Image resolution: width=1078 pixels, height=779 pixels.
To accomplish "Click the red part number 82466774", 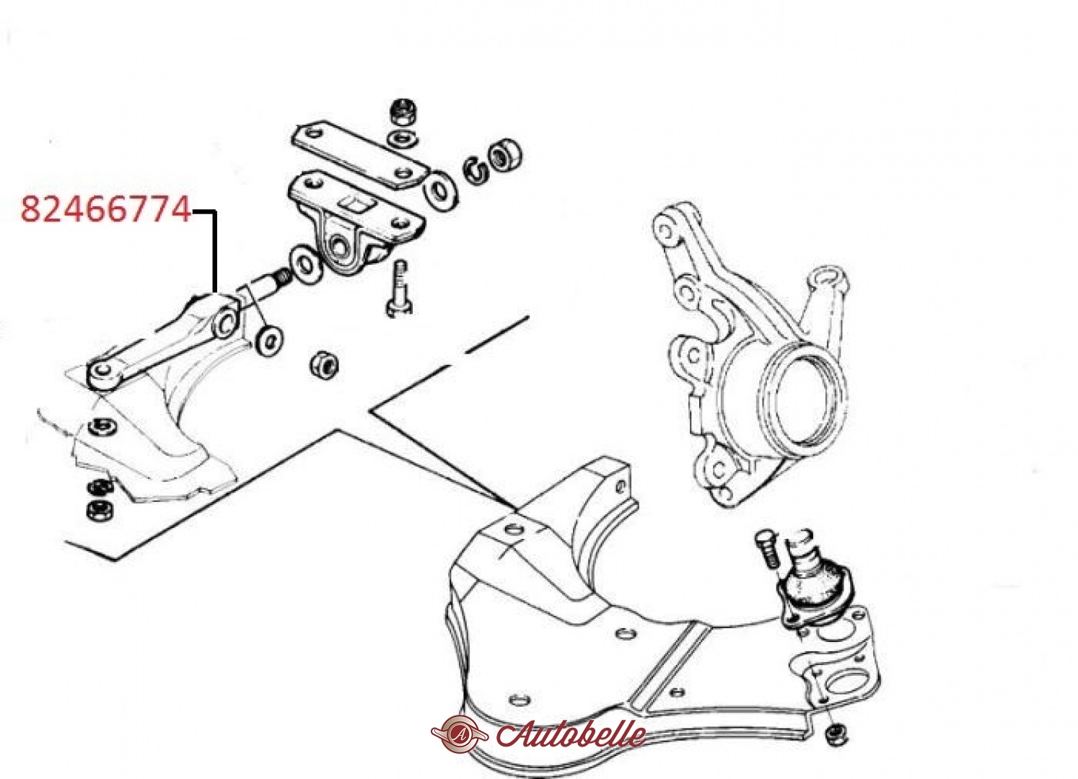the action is (x=106, y=210).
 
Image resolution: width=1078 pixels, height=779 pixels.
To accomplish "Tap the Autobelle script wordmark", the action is (x=571, y=734).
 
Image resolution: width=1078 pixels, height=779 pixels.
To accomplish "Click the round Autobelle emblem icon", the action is (x=460, y=734).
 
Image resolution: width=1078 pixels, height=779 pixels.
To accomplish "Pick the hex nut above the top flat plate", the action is (x=403, y=113).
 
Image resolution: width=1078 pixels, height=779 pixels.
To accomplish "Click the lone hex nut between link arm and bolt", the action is (x=324, y=365).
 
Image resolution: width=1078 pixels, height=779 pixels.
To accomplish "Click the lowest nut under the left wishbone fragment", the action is (x=100, y=510).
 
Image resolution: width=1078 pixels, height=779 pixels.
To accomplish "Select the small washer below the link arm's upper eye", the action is (x=270, y=340).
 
